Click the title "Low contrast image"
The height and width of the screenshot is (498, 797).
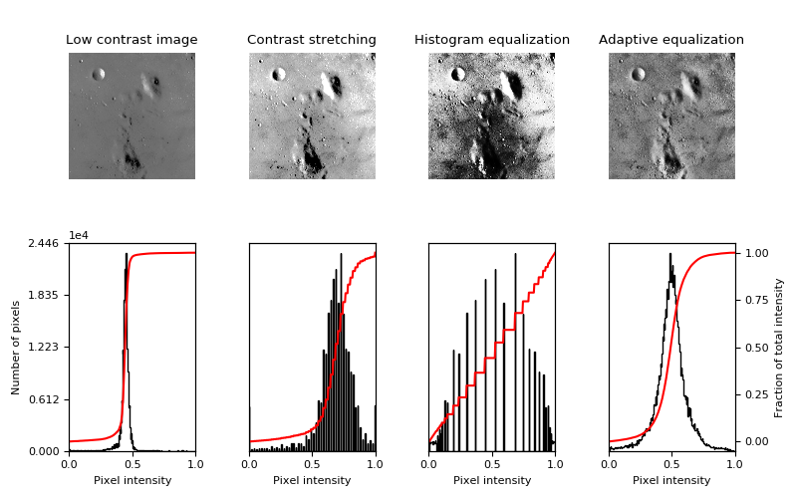[132, 40]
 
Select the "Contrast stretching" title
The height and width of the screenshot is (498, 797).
[312, 40]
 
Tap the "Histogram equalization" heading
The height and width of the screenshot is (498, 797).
[492, 40]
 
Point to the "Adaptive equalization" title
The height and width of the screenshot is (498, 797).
[671, 40]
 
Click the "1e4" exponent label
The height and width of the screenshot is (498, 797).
[78, 235]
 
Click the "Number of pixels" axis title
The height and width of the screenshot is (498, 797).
[16, 348]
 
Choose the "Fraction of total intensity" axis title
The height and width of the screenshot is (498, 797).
[780, 348]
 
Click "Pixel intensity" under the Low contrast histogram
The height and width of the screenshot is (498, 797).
[132, 480]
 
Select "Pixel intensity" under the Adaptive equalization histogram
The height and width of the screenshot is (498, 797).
[671, 480]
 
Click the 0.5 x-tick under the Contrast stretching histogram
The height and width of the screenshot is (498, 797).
[312, 464]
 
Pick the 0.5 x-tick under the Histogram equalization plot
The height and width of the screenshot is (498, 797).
[492, 464]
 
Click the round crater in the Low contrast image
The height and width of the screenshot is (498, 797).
[99, 74]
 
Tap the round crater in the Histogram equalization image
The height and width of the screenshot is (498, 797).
[458, 74]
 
